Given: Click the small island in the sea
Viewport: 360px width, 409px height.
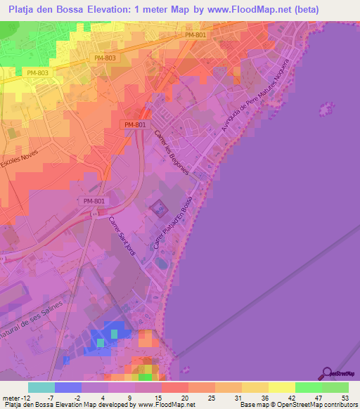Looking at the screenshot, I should [325, 109].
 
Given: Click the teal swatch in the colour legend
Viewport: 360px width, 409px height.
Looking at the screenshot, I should [41, 387].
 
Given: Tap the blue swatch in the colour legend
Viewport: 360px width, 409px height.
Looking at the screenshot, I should [68, 387].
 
